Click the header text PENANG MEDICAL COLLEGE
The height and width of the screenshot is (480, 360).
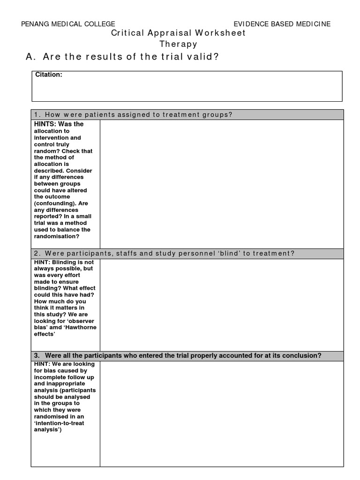pyautogui.click(x=68, y=24)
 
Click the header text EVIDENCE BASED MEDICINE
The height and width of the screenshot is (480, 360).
pyautogui.click(x=282, y=24)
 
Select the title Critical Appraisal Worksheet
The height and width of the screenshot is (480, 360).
pyautogui.click(x=178, y=34)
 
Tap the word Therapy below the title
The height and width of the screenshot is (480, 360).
pyautogui.click(x=178, y=45)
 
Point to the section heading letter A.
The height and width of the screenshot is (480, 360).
pyautogui.click(x=30, y=57)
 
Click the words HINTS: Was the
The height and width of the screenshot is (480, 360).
pyautogui.click(x=59, y=124)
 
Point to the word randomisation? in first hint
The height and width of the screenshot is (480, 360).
pyautogui.click(x=56, y=236)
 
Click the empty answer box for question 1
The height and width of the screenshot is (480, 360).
pyautogui.click(x=221, y=184)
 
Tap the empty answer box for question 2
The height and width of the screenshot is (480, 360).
pyautogui.click(x=221, y=305)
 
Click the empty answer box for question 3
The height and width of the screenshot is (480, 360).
pyautogui.click(x=221, y=413)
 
